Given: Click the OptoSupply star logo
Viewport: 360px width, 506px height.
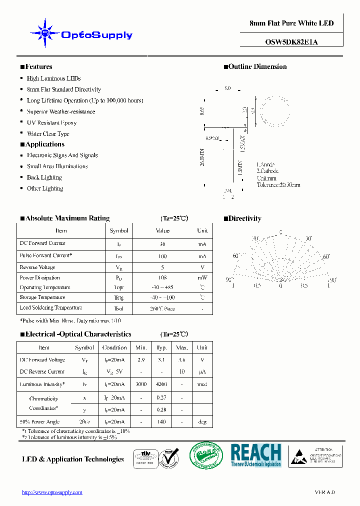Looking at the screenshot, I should pos(45,33).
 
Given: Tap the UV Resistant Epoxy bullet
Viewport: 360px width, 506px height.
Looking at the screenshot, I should pos(51,122).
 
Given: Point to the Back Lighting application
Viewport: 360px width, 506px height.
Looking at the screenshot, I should pos(44,177).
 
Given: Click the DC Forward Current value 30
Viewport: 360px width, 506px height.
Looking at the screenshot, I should pos(162,244).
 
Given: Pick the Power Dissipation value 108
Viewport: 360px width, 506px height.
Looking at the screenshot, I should pos(162,277).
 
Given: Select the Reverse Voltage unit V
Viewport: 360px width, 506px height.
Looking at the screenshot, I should pos(202,267).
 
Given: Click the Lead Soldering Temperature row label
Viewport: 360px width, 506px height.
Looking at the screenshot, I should pos(50,308).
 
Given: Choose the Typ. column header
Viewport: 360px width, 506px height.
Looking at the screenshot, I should pos(161,347).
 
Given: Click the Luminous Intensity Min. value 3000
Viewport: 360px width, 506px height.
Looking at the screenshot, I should pos(141,384).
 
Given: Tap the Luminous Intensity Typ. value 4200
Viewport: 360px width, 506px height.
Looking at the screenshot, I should pos(161,384).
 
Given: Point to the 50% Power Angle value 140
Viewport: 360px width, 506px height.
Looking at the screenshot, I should pos(161,422).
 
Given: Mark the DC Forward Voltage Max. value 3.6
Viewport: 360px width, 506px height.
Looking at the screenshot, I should pos(182,359).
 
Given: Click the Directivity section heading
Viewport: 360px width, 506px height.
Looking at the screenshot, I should pos(244,218).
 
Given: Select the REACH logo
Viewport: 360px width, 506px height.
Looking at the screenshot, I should pos(256,455).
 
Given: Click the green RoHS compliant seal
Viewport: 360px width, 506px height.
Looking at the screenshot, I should pos(206,455).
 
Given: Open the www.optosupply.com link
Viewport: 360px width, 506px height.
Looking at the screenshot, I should pos(52,492).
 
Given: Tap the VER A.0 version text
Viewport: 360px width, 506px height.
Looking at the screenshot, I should pos(324,492).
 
